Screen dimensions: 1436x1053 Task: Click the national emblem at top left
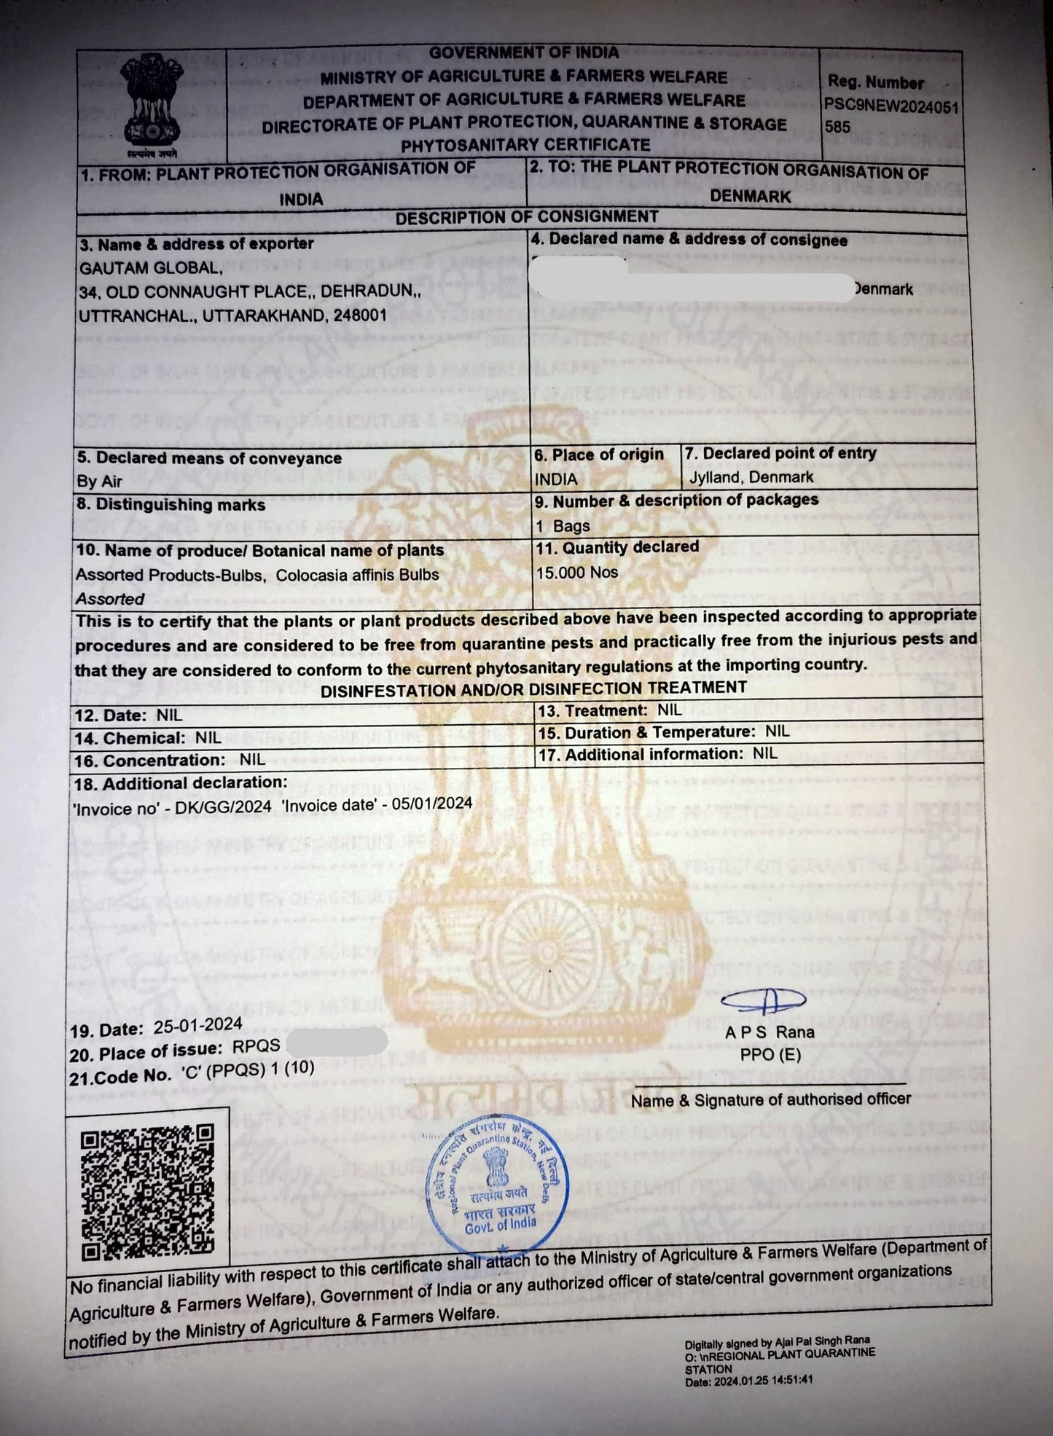pyautogui.click(x=150, y=103)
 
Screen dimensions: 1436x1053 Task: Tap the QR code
pyautogui.click(x=147, y=1191)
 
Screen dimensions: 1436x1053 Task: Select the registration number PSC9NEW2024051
pyautogui.click(x=890, y=106)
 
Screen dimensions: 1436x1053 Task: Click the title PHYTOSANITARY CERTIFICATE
pyautogui.click(x=525, y=145)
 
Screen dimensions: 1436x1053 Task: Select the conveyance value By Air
pyautogui.click(x=100, y=482)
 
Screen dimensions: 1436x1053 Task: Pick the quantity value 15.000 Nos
pyautogui.click(x=577, y=573)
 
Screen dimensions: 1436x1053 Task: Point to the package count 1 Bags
pyautogui.click(x=563, y=526)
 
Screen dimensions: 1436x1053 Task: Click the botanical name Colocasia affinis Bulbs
pyautogui.click(x=357, y=575)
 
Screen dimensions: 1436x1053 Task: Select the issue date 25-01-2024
pyautogui.click(x=198, y=1025)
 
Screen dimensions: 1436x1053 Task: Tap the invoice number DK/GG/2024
pyautogui.click(x=223, y=806)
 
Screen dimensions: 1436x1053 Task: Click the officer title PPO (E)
pyautogui.click(x=770, y=1055)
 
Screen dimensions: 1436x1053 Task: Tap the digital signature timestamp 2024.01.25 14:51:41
pyautogui.click(x=764, y=1380)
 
